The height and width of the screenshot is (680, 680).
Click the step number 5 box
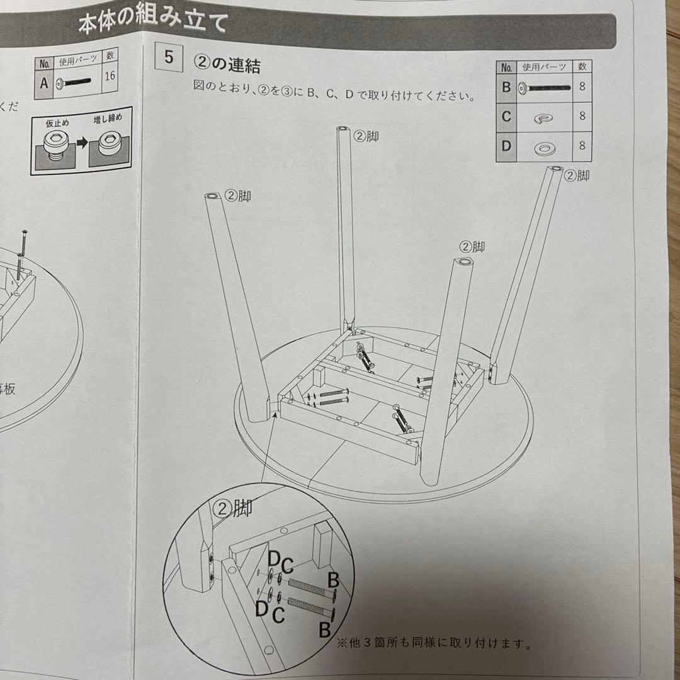coord(168,58)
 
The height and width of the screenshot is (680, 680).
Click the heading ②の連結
coord(227,65)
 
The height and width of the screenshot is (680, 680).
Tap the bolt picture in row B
coord(545,88)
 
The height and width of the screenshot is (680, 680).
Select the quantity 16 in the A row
coord(109,77)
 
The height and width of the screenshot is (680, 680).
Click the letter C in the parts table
coord(506,116)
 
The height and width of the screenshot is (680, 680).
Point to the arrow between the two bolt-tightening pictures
coord(81,145)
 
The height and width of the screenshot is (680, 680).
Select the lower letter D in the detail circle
coord(261,608)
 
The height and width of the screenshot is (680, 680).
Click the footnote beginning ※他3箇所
coord(434,644)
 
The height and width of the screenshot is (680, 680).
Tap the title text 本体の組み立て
coord(153,26)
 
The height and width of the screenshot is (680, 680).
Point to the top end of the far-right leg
coord(555,170)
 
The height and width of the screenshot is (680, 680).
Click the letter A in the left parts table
coord(43,82)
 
